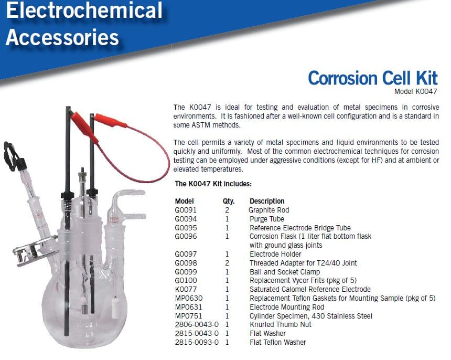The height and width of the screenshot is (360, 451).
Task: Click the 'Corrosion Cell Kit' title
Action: [x=373, y=78]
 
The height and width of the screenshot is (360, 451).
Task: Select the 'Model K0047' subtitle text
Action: [x=416, y=91]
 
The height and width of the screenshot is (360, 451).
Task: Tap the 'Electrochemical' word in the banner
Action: [x=84, y=10]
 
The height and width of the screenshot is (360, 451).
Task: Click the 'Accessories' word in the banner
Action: [x=62, y=38]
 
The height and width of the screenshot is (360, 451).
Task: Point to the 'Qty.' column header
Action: [x=229, y=201]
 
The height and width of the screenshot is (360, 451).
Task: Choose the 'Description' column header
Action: [x=267, y=201]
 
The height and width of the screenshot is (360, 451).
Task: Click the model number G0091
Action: [x=186, y=210]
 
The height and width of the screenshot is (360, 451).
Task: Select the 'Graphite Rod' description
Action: [x=269, y=210]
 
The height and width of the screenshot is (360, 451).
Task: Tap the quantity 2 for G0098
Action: [x=227, y=263]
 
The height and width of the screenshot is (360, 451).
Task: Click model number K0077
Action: [x=186, y=290]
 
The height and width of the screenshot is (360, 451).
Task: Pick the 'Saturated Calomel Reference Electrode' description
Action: [x=310, y=290]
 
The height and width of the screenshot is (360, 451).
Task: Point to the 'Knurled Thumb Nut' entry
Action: [x=281, y=325]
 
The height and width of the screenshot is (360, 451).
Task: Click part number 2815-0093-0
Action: [x=197, y=343]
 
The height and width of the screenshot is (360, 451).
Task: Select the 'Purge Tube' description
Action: [x=267, y=219]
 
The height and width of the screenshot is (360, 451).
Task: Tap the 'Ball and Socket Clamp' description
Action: [x=285, y=272]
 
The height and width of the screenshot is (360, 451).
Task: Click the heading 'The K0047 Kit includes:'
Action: [x=213, y=184]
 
